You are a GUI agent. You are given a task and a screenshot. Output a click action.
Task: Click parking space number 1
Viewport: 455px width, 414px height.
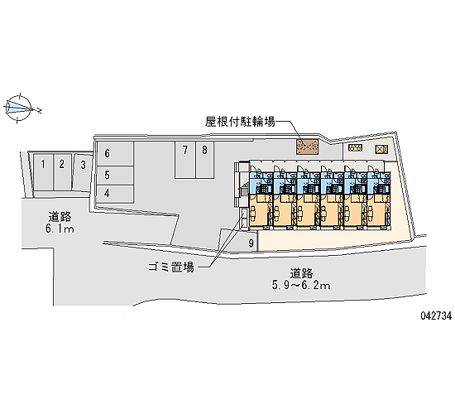click(x=43, y=172)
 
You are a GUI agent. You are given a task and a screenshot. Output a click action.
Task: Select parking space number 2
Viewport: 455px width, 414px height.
click(x=62, y=172)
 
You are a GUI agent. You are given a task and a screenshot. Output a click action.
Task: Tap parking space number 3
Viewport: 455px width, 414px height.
click(x=83, y=172)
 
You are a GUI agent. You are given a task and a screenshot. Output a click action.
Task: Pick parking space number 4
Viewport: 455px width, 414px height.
click(x=115, y=194)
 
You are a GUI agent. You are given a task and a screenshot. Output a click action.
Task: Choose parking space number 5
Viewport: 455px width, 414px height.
click(x=115, y=176)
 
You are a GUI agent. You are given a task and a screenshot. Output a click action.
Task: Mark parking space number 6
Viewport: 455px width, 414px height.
click(x=115, y=154)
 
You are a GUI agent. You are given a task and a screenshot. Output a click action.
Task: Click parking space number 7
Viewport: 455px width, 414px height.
click(x=185, y=160)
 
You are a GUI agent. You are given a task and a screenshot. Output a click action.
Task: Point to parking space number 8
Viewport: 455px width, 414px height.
click(x=205, y=160)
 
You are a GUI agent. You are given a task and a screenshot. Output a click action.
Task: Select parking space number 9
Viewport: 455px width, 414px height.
click(x=251, y=243)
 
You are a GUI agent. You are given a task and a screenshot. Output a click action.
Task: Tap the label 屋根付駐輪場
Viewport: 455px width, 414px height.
click(x=240, y=122)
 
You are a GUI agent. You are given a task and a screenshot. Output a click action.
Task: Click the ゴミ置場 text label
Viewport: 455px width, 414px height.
click(x=171, y=267)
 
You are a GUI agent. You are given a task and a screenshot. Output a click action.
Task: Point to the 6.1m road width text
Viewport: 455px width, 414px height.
click(x=60, y=229)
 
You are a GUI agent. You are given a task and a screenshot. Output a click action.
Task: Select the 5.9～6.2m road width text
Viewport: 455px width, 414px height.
click(x=301, y=286)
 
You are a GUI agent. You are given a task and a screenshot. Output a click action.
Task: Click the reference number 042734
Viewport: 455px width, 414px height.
click(x=436, y=315)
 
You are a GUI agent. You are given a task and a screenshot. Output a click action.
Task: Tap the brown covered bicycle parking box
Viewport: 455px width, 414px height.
click(x=307, y=147)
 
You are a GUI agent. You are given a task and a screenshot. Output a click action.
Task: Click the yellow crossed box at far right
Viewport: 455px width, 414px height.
click(x=381, y=149)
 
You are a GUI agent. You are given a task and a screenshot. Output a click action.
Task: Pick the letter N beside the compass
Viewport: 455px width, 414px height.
click(x=39, y=111)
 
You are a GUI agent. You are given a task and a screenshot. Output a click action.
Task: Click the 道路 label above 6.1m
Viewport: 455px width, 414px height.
click(x=60, y=217)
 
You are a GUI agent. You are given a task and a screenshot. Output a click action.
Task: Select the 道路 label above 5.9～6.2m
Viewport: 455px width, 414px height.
click(x=301, y=273)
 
